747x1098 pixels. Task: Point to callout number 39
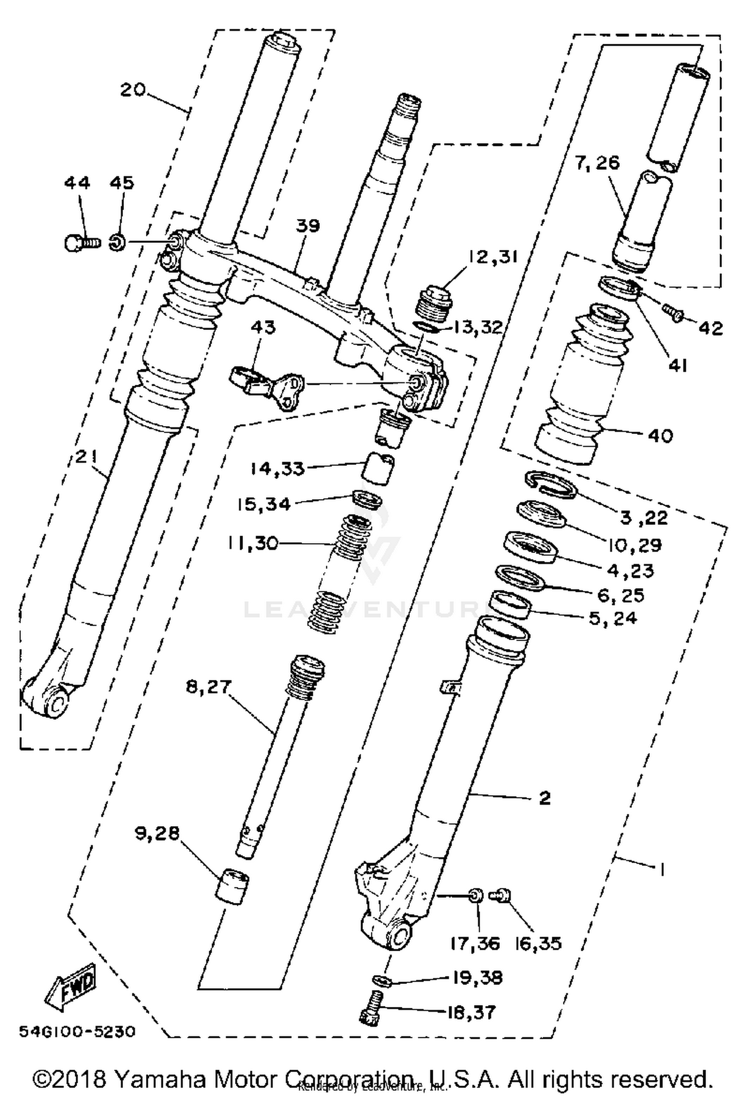307,225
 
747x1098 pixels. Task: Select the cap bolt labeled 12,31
433,303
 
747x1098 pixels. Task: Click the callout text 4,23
630,570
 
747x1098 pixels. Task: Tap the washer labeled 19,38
382,980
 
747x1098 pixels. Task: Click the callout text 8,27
209,687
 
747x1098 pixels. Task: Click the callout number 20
132,90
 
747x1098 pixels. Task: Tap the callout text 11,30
252,543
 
